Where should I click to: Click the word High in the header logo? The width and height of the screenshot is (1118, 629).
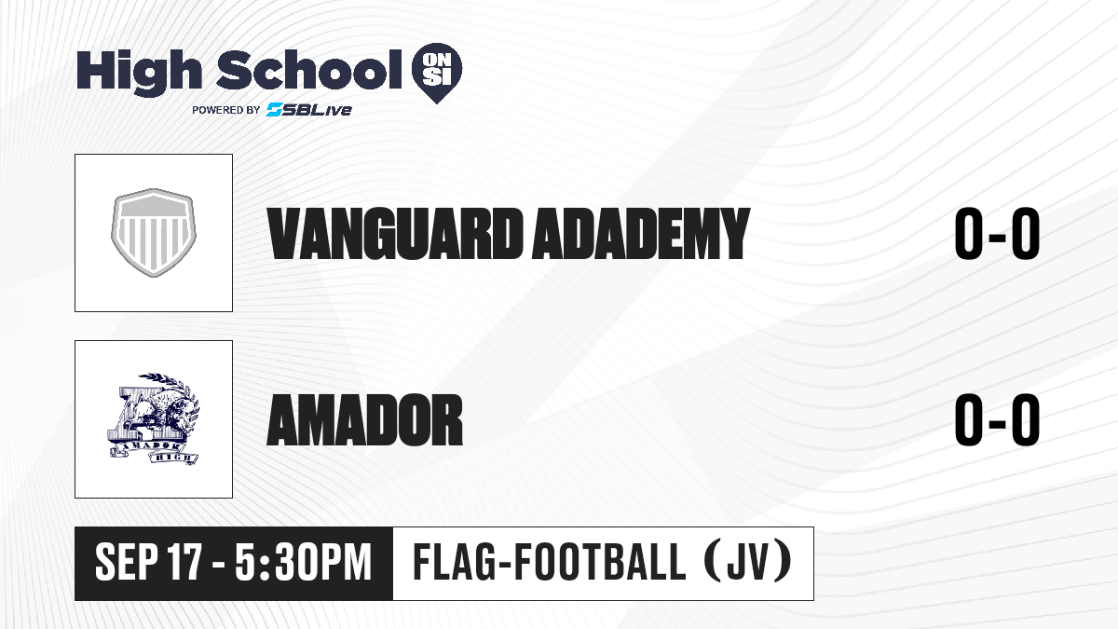139,72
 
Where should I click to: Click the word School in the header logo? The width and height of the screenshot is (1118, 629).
309,69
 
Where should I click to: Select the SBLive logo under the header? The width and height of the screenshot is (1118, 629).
308,110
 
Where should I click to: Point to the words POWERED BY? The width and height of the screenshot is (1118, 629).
226,110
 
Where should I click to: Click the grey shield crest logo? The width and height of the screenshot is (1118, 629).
154,233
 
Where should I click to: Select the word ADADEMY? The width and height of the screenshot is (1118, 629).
641,234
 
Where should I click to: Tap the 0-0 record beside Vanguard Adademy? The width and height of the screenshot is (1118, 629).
997,234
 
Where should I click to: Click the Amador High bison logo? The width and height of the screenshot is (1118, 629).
154,419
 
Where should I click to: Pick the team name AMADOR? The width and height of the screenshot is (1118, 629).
365,420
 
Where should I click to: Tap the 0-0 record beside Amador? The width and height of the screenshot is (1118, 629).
997,420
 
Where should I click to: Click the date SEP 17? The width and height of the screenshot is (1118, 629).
149,563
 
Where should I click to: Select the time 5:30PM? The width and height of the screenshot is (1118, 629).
304,563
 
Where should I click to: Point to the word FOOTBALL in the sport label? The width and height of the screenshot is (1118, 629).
600,563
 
